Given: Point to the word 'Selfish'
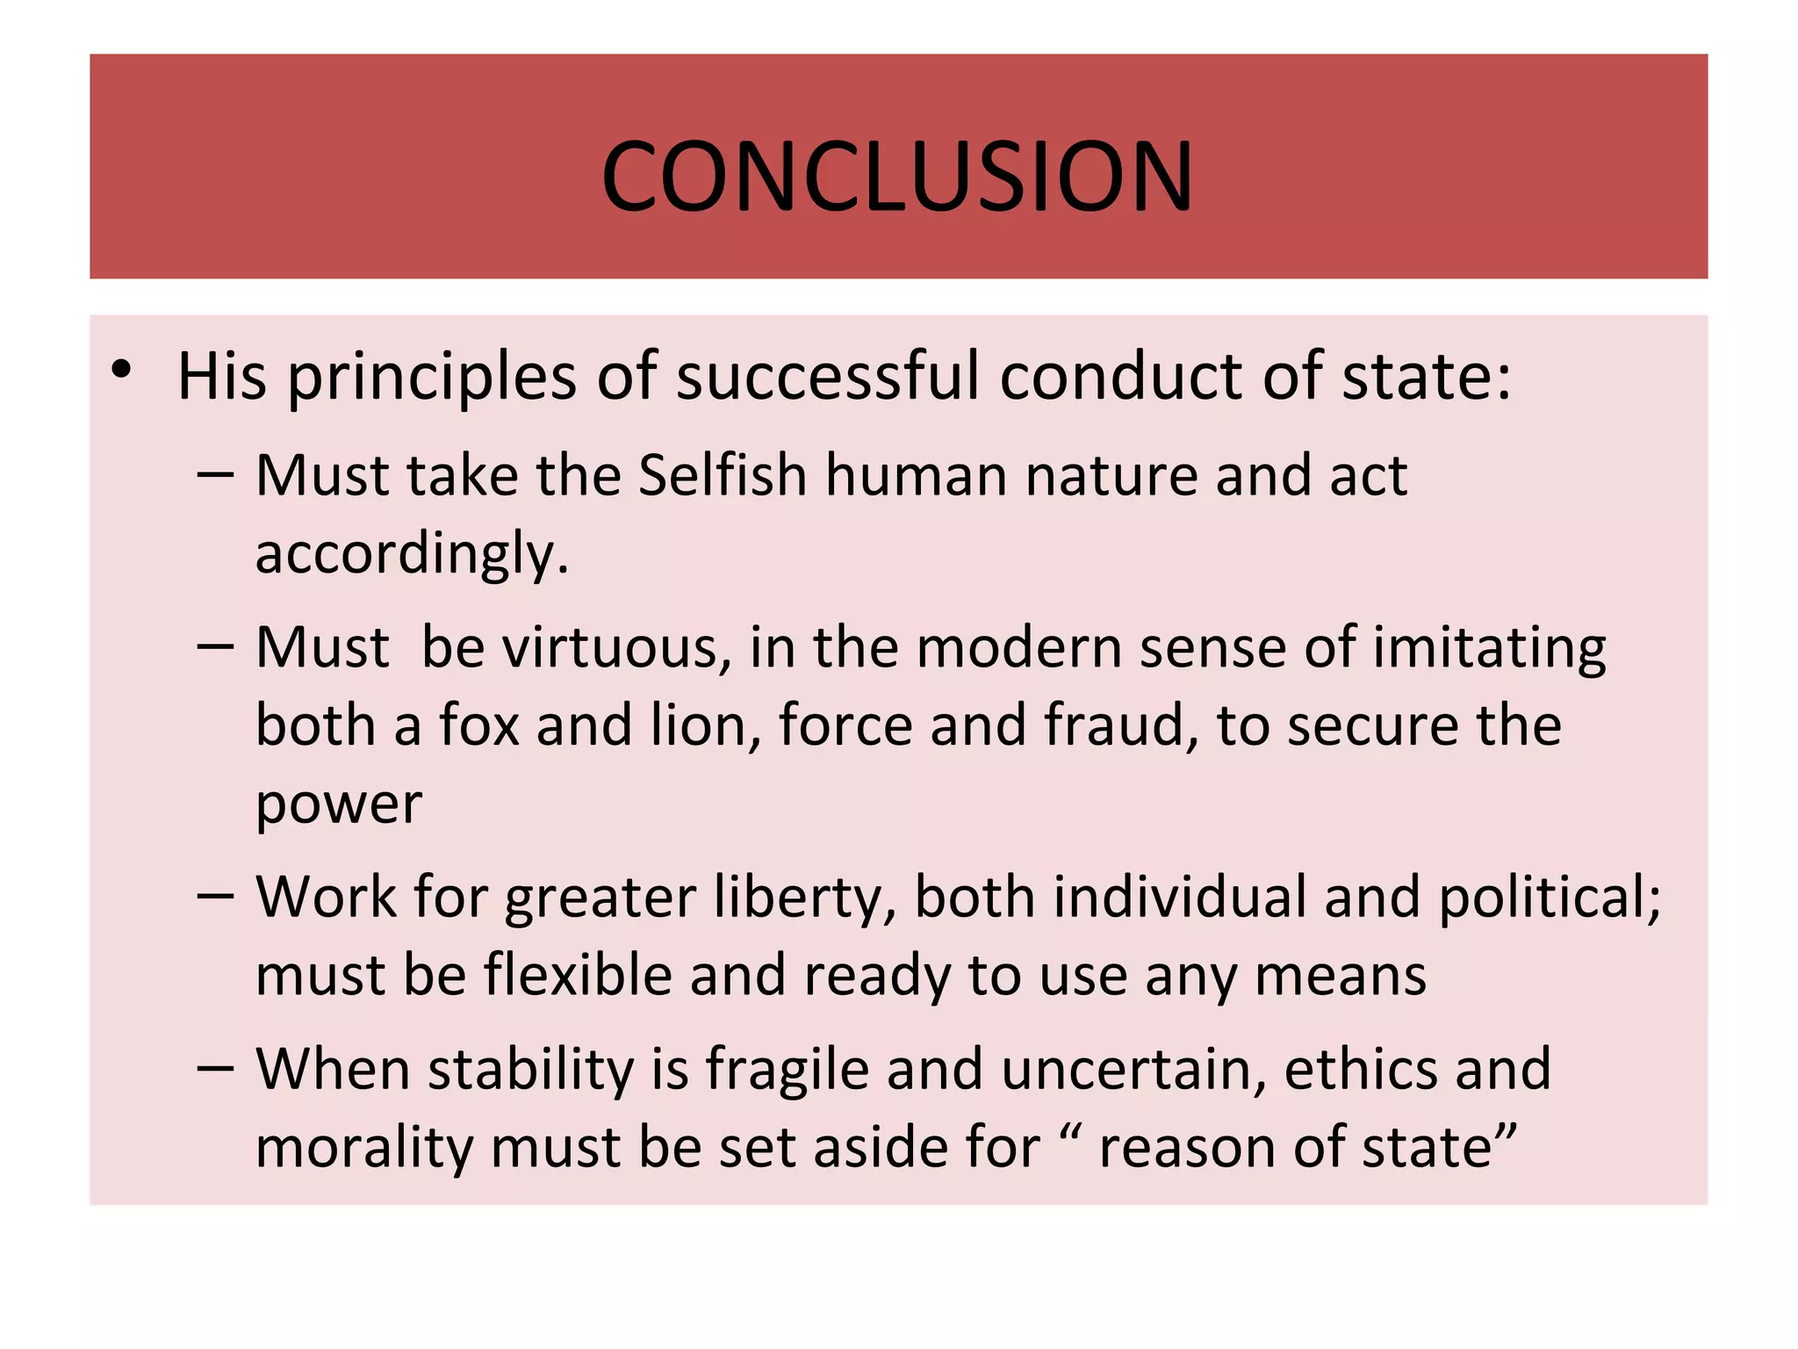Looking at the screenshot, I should tap(722, 476).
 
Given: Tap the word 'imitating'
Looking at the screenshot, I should tap(1489, 650).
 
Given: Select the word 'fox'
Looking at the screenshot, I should tap(479, 725).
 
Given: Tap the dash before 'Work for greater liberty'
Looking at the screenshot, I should tap(215, 896).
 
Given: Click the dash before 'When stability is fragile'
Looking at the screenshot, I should tap(215, 1068).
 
